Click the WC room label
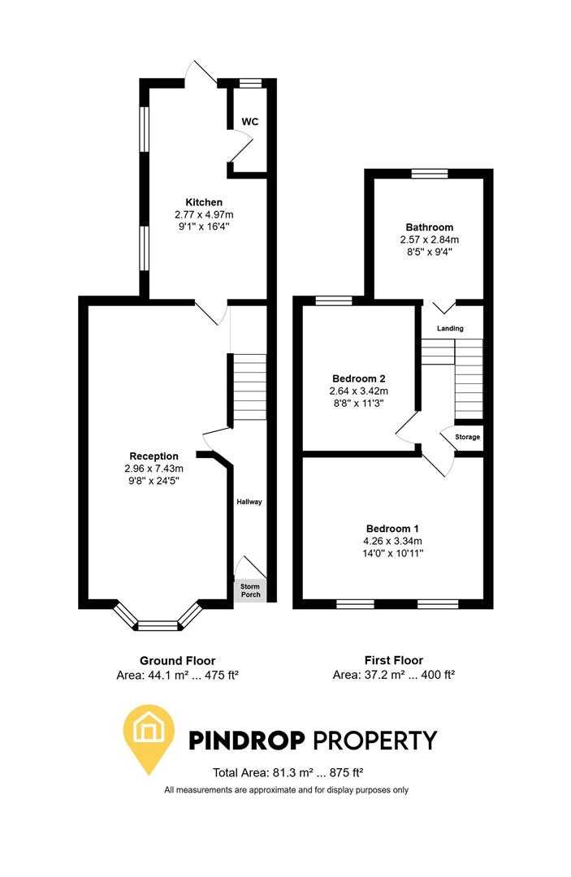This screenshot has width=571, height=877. [x=250, y=122]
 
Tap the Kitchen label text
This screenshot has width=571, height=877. [x=204, y=202]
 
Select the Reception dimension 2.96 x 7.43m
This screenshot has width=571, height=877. [x=154, y=469]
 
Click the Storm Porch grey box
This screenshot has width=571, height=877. [x=249, y=590]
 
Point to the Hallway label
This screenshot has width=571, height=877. [x=249, y=502]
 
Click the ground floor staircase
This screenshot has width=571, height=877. [x=250, y=387]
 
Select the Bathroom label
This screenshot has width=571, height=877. [x=429, y=227]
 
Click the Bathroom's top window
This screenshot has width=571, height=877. [x=429, y=173]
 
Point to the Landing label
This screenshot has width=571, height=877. [x=450, y=329]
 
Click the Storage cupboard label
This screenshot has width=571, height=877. [x=468, y=437]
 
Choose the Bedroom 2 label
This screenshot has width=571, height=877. [x=358, y=378]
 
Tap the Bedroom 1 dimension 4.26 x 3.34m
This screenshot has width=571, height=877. [x=393, y=542]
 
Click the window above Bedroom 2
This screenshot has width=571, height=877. [x=334, y=301]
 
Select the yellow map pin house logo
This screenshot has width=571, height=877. [x=149, y=736]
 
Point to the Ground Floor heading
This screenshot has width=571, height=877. [x=177, y=660]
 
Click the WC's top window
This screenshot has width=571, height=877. [x=250, y=82]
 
